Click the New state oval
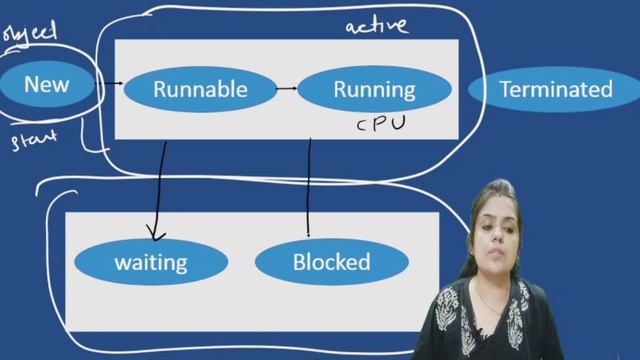[x=48, y=84]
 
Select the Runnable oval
[x=200, y=89]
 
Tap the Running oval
[x=373, y=89]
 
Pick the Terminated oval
[x=555, y=89]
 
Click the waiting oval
[x=151, y=263]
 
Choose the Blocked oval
[x=331, y=263]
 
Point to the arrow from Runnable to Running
[x=286, y=89]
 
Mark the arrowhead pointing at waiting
[x=155, y=236]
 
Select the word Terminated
[x=555, y=89]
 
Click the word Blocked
[x=331, y=263]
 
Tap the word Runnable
[x=200, y=89]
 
